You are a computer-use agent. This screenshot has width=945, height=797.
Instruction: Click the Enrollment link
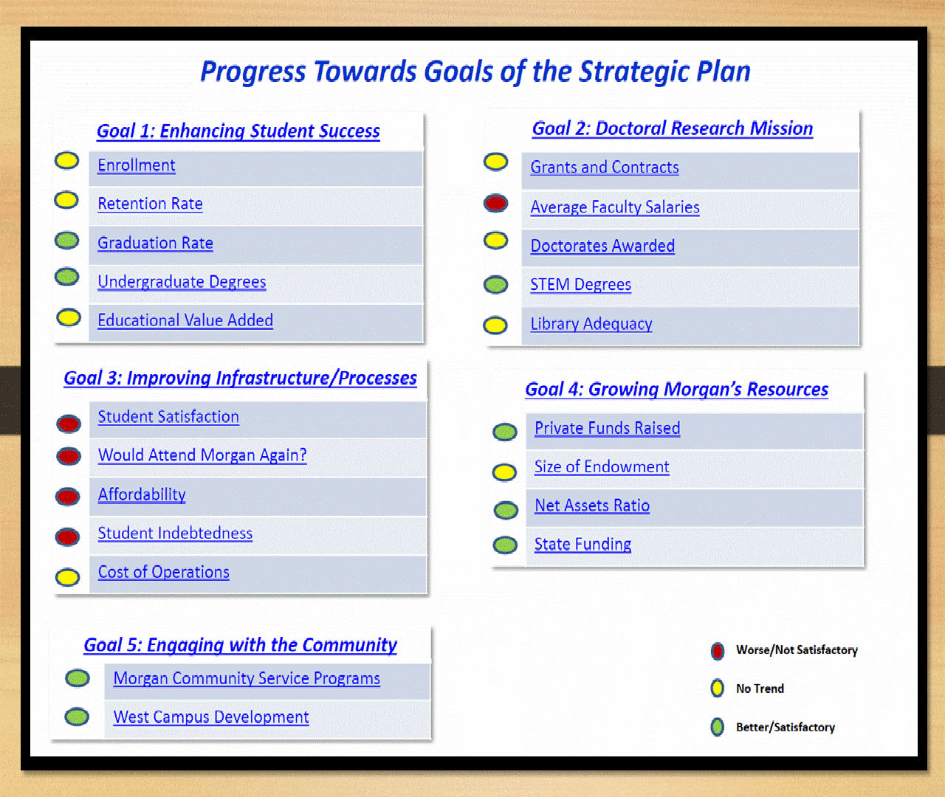(x=137, y=165)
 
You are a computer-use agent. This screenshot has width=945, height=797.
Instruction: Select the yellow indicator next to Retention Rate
(x=66, y=200)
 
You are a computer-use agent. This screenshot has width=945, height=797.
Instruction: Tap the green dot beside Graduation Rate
(x=66, y=240)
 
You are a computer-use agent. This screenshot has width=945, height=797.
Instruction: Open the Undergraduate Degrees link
(x=182, y=282)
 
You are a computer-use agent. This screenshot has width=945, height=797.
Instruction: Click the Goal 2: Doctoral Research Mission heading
(x=672, y=129)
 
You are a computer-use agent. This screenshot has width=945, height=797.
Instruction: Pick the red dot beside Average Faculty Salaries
(x=495, y=203)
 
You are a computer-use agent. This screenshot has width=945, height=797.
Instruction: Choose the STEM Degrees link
(x=581, y=285)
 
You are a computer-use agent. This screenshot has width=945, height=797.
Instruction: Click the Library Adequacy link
(x=591, y=324)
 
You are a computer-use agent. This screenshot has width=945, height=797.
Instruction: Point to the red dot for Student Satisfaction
(x=69, y=424)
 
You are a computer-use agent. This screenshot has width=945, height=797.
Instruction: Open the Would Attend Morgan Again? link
(x=202, y=455)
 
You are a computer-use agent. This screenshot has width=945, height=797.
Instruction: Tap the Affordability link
(x=142, y=494)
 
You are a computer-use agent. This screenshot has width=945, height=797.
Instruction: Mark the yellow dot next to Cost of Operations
(x=67, y=577)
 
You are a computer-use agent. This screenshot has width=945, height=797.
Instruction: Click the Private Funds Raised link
(x=608, y=428)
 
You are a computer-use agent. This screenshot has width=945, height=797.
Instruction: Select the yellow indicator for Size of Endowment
(x=504, y=472)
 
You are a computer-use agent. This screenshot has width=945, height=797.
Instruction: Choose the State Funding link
(x=583, y=544)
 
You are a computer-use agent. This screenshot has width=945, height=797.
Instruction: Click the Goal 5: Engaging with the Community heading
(x=241, y=645)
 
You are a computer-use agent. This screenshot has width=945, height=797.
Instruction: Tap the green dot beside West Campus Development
(x=77, y=717)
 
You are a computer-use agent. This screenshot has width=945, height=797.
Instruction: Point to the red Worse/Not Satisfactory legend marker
(x=718, y=651)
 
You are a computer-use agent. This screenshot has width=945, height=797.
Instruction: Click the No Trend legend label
(x=760, y=689)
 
